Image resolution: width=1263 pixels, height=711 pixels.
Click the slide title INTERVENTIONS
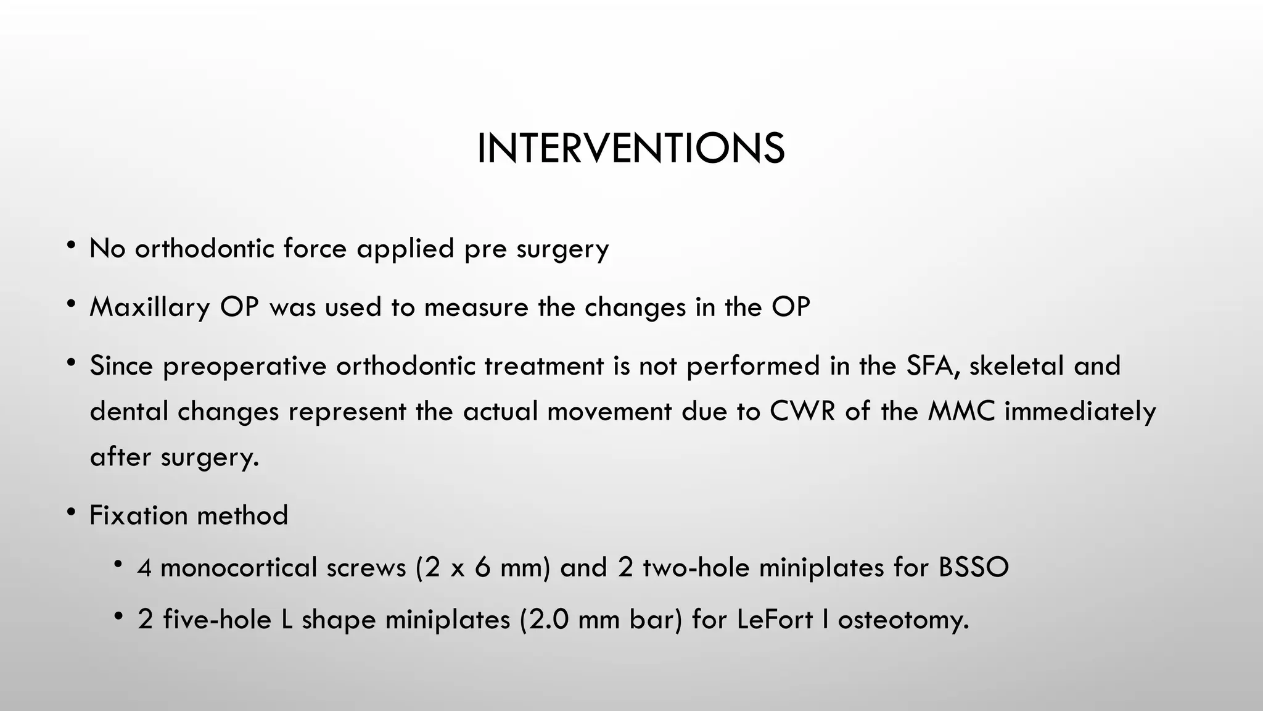click(630, 149)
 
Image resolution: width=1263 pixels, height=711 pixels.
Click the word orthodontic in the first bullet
click(204, 249)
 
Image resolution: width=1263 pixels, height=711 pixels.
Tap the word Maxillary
click(150, 307)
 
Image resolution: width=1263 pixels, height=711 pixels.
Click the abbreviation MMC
click(961, 411)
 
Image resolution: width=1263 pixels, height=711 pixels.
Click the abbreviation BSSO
click(973, 567)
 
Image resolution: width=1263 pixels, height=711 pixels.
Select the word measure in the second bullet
click(476, 307)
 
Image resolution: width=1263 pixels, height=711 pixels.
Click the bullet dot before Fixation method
click(72, 512)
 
